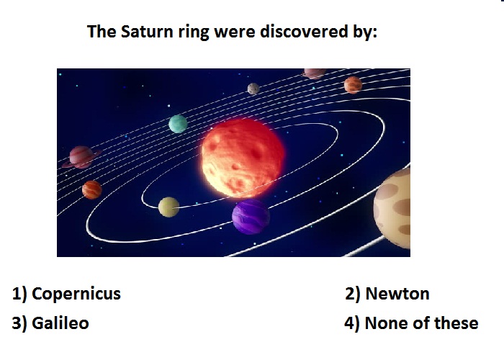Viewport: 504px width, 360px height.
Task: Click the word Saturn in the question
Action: (x=147, y=32)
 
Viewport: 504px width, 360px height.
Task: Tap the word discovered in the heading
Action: (x=304, y=32)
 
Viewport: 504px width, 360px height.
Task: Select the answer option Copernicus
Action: (x=76, y=294)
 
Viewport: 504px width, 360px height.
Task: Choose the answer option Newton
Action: (x=397, y=294)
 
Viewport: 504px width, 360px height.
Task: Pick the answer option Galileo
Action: (x=60, y=323)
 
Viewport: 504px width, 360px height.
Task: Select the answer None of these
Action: (x=421, y=323)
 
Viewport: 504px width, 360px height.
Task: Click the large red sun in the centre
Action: (x=243, y=158)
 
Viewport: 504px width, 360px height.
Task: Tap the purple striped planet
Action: (x=251, y=216)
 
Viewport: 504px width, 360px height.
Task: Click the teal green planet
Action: (x=178, y=124)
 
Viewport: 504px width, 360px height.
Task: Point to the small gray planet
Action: (x=253, y=89)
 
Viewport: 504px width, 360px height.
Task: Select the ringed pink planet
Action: (x=81, y=157)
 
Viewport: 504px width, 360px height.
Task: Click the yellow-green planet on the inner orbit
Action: (x=168, y=207)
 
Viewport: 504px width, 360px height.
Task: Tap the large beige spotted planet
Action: (x=392, y=208)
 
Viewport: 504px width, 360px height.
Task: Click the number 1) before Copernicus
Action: (x=19, y=294)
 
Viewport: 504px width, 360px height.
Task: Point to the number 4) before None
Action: (x=351, y=323)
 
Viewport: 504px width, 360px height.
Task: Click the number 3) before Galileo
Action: (x=19, y=323)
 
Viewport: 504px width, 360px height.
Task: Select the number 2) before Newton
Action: (x=353, y=294)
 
